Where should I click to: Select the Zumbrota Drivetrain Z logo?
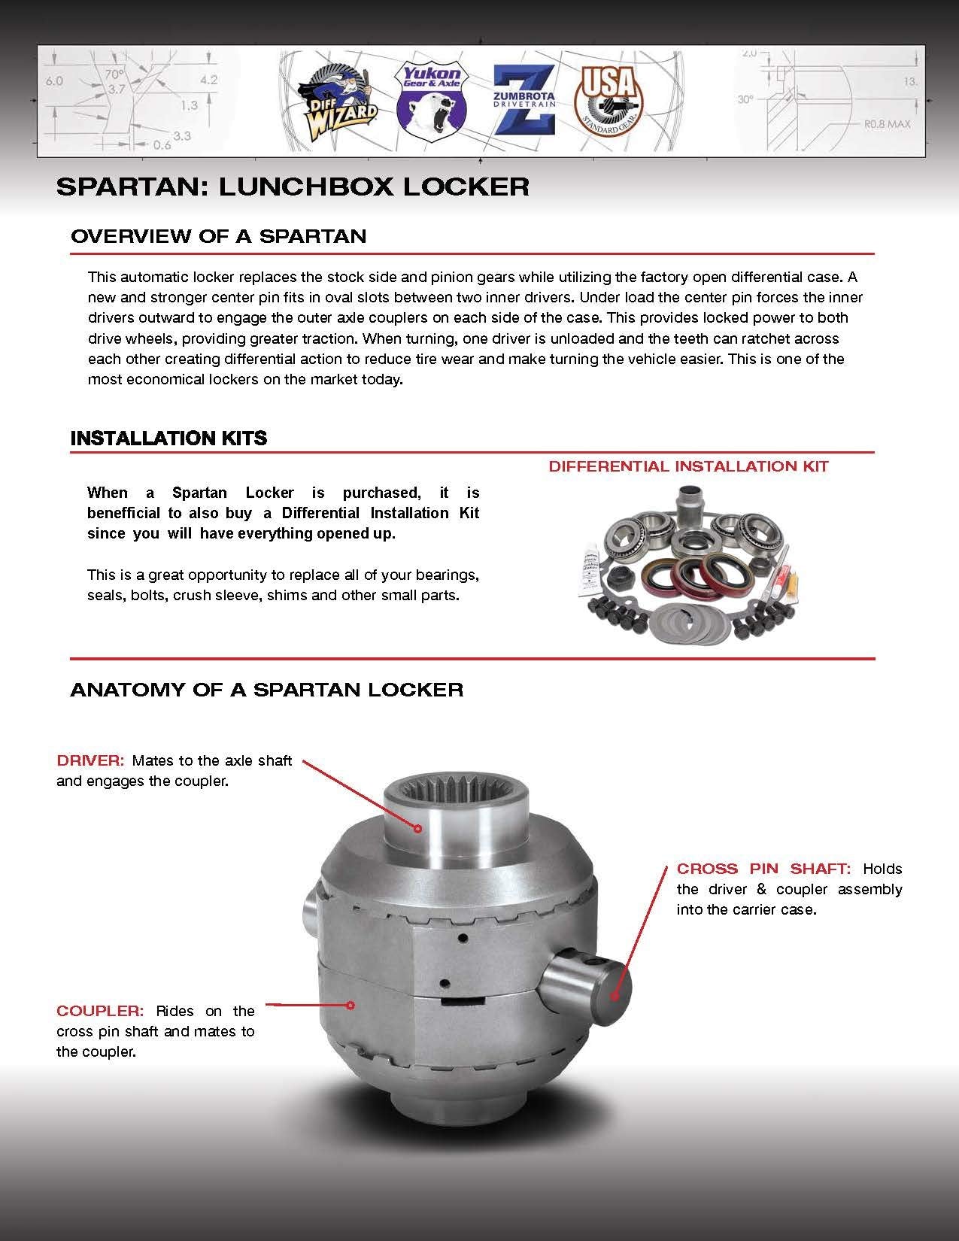[524, 100]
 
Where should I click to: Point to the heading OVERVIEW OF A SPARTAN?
[218, 236]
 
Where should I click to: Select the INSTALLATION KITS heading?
[168, 438]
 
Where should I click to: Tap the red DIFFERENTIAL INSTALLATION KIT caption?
[688, 466]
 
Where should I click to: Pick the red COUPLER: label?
[99, 1011]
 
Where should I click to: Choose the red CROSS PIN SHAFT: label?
[763, 869]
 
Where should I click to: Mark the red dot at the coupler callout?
[351, 1005]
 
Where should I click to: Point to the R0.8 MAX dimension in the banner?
[882, 123]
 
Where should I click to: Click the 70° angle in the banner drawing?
[114, 74]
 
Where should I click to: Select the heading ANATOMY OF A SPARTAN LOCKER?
[266, 690]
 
